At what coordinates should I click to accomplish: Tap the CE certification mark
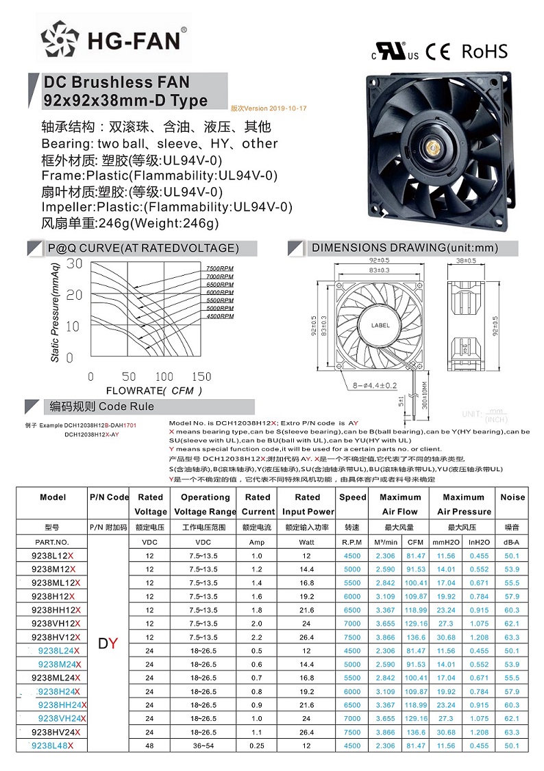point(438,51)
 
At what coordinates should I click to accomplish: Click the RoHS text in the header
point(485,51)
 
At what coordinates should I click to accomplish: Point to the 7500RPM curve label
point(219,268)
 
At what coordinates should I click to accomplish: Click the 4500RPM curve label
point(219,316)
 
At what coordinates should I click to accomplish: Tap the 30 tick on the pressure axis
point(74,263)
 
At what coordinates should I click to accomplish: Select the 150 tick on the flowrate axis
point(201,377)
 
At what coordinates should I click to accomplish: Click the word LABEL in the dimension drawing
point(381,325)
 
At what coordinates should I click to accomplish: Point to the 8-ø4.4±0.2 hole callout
point(373,385)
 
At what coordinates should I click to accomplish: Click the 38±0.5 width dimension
point(466,261)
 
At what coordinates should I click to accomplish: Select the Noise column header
point(512,497)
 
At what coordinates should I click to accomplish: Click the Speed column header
point(353,497)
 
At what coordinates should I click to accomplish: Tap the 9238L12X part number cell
point(52,556)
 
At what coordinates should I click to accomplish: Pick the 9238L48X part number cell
point(52,745)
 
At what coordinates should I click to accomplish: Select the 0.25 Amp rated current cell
point(257,745)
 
